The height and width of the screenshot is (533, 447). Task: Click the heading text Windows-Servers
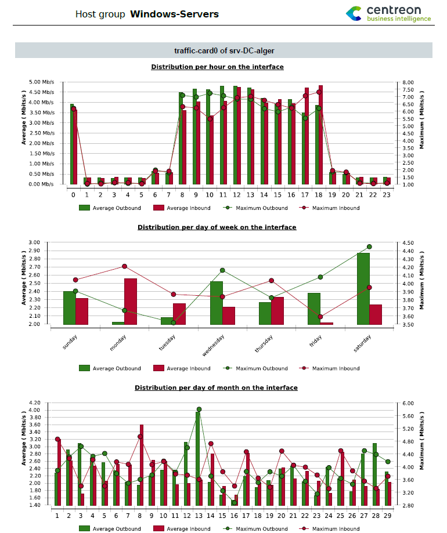pos(174,14)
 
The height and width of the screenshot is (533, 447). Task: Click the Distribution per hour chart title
pos(217,67)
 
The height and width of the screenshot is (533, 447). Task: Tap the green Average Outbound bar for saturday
pos(363,289)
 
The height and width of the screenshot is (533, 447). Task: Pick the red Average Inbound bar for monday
pos(131,301)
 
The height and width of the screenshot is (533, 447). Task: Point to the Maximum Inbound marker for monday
pos(125,266)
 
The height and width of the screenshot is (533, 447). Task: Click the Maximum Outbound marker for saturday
pos(369,246)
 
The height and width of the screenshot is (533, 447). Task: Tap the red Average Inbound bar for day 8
pos(142,465)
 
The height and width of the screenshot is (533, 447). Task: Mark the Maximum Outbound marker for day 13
pos(199,409)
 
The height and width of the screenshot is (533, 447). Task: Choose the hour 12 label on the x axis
pos(237,195)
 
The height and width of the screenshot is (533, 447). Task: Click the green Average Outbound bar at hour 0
pos(71,144)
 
